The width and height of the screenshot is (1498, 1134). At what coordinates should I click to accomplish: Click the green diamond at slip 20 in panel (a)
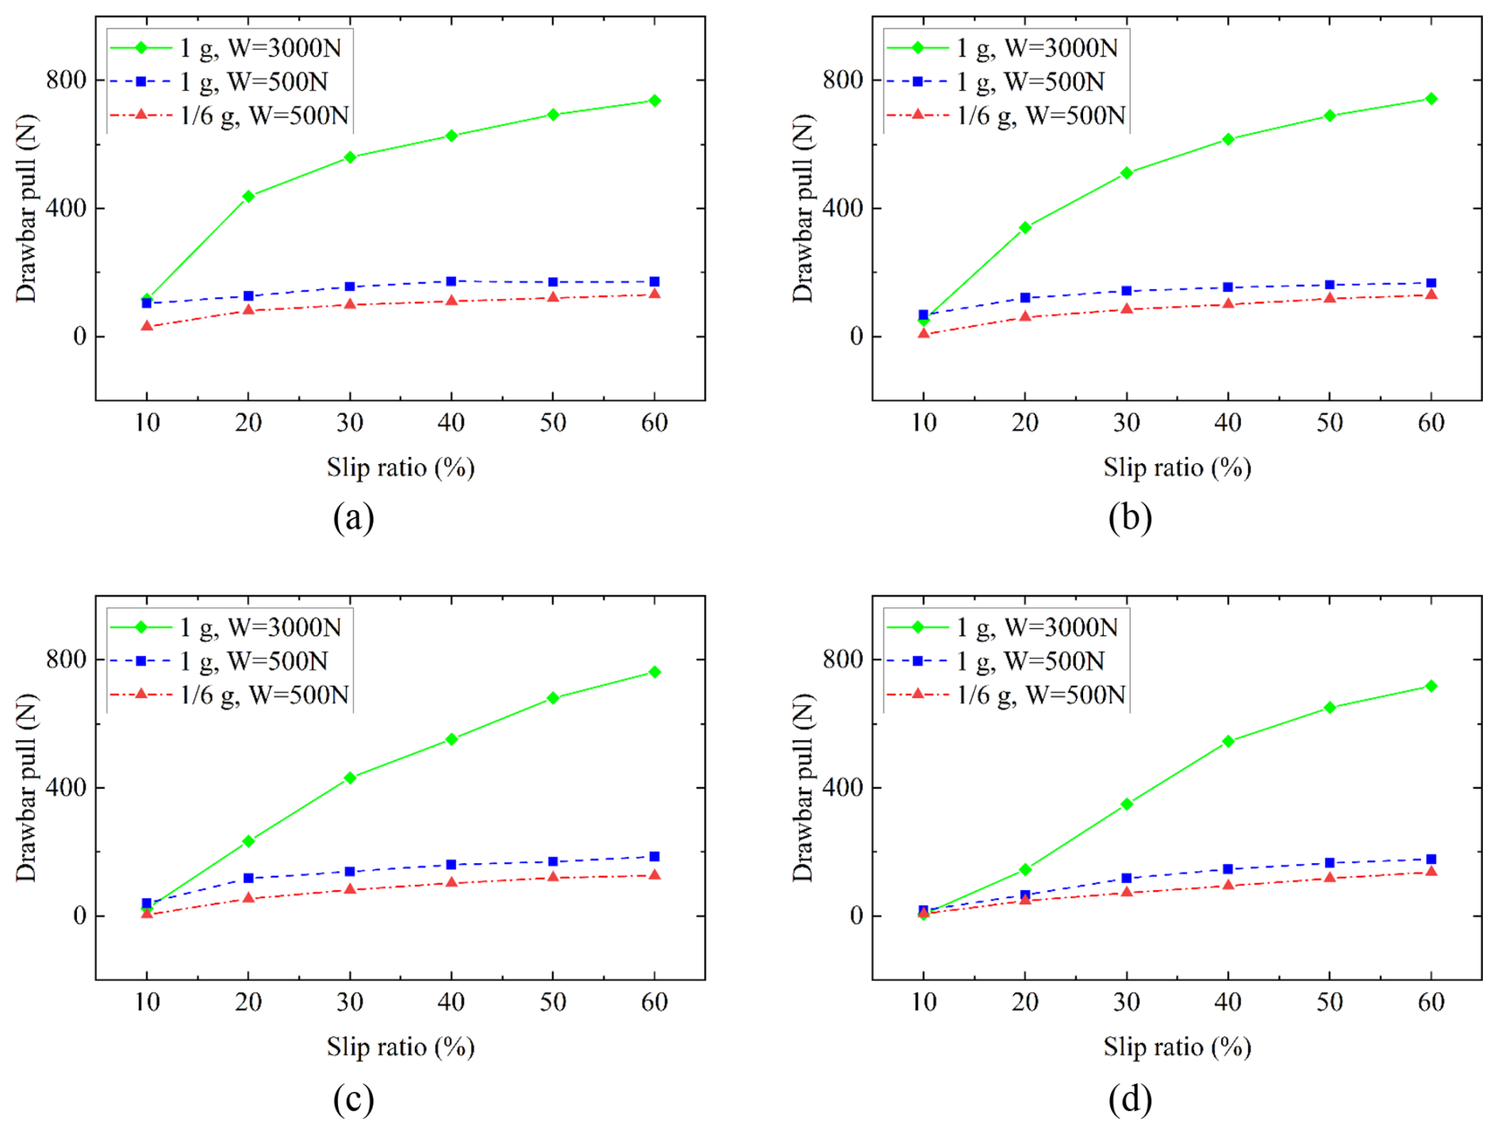pos(249,196)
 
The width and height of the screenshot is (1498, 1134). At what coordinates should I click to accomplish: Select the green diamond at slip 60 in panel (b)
pos(1431,99)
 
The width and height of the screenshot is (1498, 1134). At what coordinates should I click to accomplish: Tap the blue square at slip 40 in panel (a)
pos(451,281)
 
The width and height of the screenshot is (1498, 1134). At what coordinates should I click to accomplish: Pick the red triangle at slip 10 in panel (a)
pos(147,325)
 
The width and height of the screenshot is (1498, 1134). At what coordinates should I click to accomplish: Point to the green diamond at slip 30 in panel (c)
pos(350,778)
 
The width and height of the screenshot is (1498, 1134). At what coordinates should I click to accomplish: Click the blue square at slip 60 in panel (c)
pos(654,856)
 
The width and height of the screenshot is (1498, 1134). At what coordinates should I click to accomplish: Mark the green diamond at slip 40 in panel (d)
pos(1228,741)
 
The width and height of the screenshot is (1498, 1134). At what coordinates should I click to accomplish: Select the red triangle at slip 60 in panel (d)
pos(1431,871)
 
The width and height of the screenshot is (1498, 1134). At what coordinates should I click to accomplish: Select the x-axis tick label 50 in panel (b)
pos(1329,423)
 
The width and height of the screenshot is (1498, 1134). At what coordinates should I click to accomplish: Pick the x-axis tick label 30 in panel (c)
pos(350,1003)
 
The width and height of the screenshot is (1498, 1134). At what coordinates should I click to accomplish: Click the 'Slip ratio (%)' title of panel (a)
pos(401,467)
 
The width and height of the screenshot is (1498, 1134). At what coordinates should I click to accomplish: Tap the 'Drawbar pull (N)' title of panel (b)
pos(803,208)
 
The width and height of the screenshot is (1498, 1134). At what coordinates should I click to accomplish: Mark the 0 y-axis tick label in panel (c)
pos(79,916)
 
